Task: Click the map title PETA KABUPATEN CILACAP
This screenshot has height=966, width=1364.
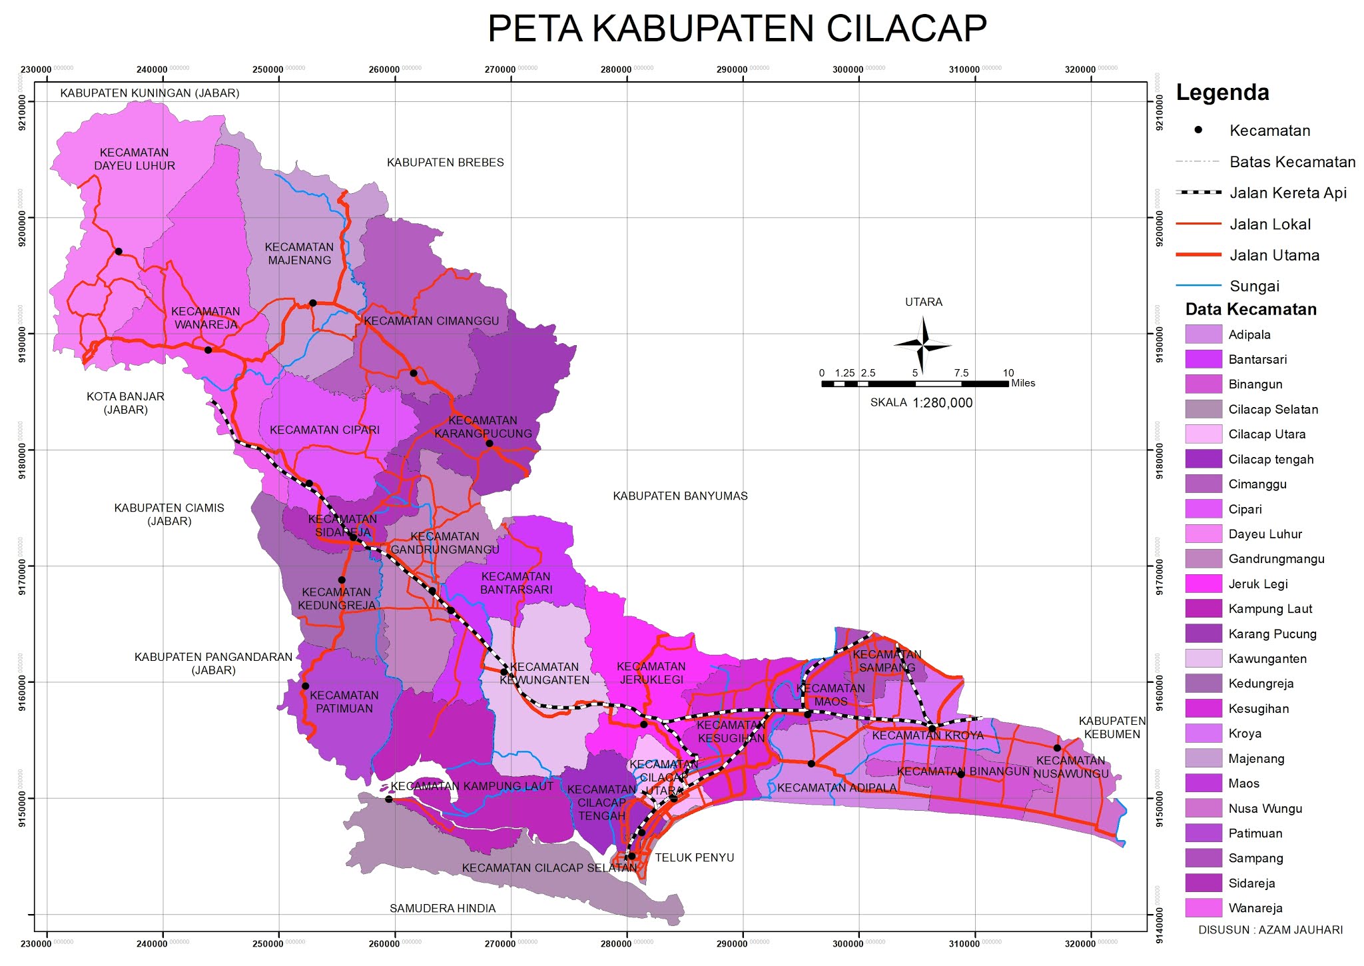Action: (x=737, y=29)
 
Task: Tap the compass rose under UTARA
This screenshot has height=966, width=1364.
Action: (x=922, y=344)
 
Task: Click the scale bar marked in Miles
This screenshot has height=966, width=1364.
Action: (x=914, y=384)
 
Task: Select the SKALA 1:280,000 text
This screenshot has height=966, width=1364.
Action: (x=921, y=403)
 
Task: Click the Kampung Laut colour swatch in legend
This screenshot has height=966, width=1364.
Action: (x=1203, y=609)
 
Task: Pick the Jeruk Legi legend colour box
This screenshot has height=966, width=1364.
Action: (x=1203, y=584)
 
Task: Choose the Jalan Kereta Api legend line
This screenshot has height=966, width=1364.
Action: (x=1198, y=193)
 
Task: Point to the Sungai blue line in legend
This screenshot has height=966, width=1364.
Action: (x=1198, y=286)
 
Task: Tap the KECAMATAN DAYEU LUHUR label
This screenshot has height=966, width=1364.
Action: (x=135, y=159)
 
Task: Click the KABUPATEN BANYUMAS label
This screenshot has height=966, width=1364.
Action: (x=680, y=496)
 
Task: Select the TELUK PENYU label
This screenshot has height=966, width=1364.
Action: (x=694, y=857)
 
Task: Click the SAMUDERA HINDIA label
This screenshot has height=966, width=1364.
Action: (x=442, y=908)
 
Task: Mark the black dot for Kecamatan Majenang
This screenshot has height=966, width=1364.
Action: (x=313, y=303)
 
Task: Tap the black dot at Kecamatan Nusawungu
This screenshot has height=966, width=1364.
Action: (x=1057, y=748)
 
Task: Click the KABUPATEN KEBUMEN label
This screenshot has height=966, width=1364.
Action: (x=1112, y=727)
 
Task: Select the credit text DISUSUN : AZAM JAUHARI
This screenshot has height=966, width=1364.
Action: (x=1270, y=929)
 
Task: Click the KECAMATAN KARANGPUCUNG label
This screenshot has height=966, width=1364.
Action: (x=483, y=427)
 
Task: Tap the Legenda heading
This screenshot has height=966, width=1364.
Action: (x=1222, y=93)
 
